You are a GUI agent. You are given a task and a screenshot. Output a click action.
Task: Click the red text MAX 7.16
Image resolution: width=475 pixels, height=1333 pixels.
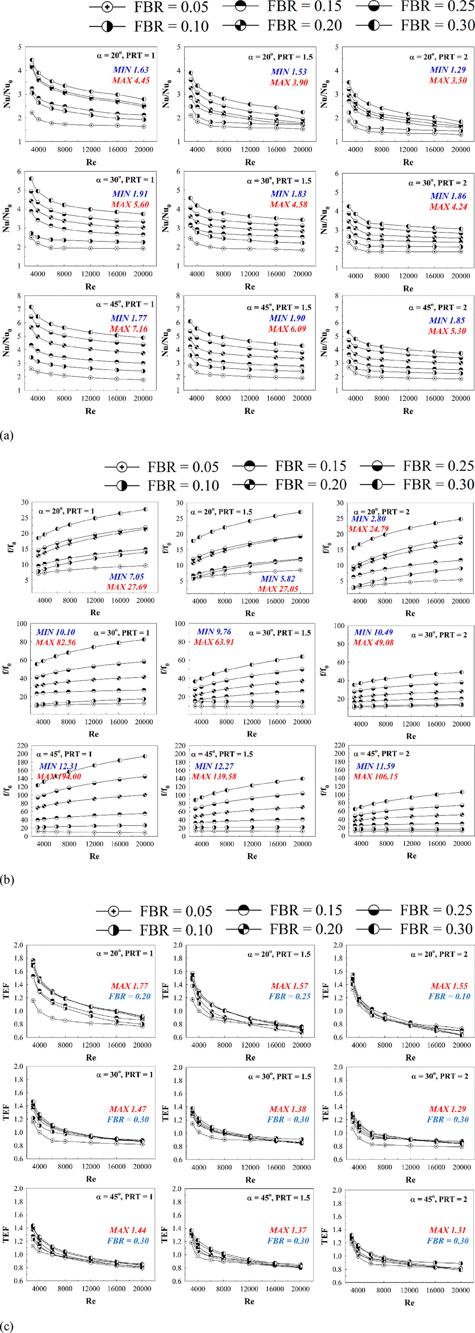tap(128, 329)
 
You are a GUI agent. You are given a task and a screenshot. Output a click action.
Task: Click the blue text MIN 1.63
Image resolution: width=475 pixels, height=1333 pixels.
tap(130, 70)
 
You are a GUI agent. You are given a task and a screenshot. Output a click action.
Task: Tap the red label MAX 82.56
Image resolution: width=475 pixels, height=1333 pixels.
tap(55, 642)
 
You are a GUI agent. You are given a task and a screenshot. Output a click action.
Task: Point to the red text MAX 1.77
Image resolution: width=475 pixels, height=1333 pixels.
tap(129, 986)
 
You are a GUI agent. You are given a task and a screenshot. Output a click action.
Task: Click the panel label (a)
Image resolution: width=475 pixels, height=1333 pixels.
tap(7, 436)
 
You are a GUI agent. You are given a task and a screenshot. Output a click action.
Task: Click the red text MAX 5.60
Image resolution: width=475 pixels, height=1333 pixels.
tap(130, 204)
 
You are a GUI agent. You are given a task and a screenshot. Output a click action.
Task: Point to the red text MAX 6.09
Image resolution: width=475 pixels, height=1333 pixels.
tap(287, 329)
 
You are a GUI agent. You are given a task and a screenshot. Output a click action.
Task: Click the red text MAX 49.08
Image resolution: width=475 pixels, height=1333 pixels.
tap(374, 642)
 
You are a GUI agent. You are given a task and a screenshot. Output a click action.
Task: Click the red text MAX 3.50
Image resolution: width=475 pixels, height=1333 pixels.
tap(448, 80)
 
